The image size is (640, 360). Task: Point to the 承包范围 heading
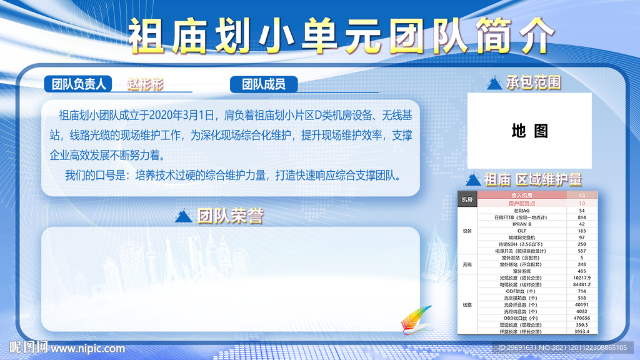tap(533, 82)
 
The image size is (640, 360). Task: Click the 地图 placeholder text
tap(529, 131)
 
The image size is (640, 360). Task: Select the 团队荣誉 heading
tap(230, 216)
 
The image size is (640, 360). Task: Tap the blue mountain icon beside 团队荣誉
tap(183, 216)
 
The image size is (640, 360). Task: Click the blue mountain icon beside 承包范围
tap(494, 82)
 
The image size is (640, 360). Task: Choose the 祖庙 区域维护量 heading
tap(533, 179)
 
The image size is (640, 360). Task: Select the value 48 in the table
tap(582, 196)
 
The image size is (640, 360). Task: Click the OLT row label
tap(521, 231)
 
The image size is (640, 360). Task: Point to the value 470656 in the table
tap(582, 318)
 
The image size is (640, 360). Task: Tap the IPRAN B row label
tap(521, 224)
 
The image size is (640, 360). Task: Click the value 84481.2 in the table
tap(582, 284)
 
